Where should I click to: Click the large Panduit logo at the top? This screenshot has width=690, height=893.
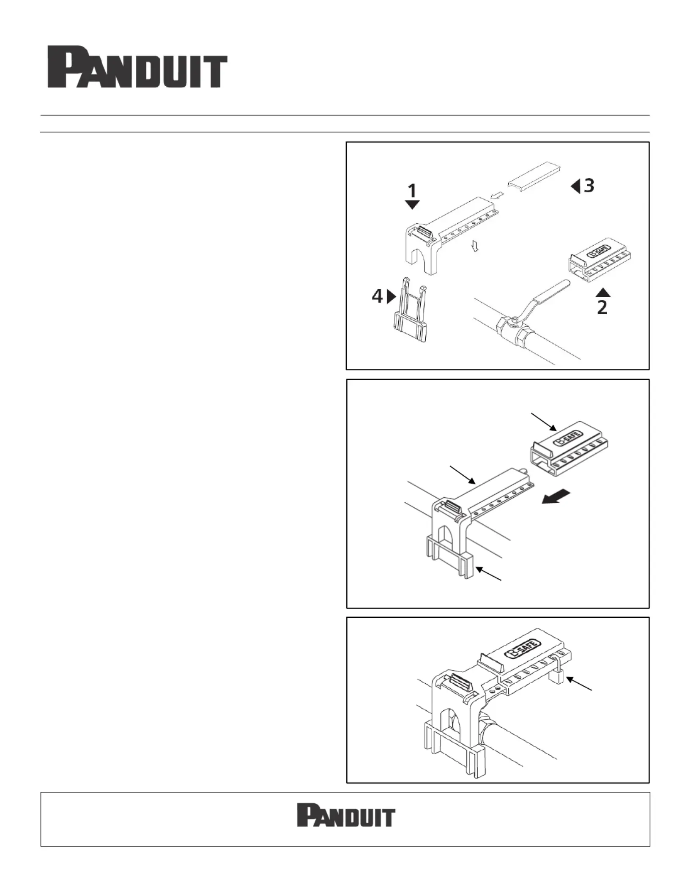point(137,67)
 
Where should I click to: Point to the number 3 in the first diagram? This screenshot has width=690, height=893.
point(589,186)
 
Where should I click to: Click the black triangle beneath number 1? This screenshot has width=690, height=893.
point(412,205)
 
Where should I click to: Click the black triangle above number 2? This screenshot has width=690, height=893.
point(603,292)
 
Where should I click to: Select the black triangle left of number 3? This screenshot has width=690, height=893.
point(575,186)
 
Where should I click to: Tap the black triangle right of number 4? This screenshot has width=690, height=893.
point(392,296)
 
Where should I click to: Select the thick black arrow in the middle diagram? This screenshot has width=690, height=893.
point(556,497)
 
